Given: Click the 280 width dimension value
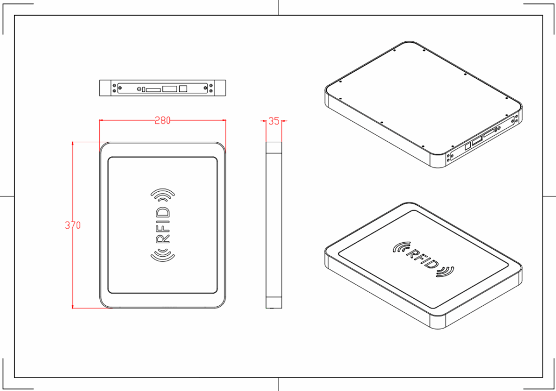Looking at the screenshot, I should click(162, 121).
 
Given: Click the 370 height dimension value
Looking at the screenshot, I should click(73, 225).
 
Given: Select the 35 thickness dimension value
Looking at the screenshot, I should click(274, 121).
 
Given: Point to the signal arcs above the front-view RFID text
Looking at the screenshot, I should click(163, 194).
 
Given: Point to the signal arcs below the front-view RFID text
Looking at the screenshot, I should click(163, 254).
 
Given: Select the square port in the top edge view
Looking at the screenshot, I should click(184, 88).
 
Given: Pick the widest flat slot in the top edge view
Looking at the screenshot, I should click(170, 88).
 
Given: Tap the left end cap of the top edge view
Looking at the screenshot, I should click(106, 88).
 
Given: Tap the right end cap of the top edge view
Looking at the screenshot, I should click(219, 88).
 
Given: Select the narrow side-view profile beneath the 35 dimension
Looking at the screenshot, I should click(274, 225).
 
